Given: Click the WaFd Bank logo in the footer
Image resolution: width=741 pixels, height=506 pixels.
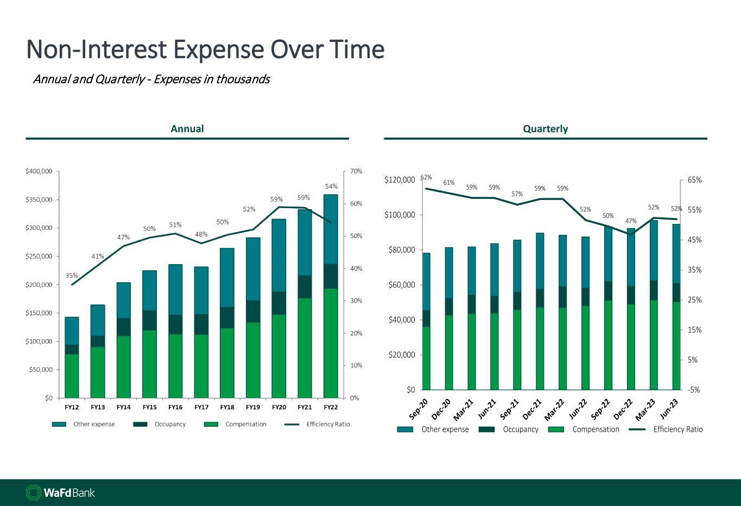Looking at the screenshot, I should coord(60,493).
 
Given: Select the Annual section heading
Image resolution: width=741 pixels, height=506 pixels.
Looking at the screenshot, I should coord(187,129).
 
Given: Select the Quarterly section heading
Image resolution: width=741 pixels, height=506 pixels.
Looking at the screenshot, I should coord(545,129).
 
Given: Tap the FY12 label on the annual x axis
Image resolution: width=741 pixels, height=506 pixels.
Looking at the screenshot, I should coord(72,407).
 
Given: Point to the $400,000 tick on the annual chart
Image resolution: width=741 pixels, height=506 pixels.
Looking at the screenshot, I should coord(39,171).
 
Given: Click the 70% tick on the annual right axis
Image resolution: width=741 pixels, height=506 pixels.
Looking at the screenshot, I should coord(356,171).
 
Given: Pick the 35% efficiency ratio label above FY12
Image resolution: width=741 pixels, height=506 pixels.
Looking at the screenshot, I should coord(72,276).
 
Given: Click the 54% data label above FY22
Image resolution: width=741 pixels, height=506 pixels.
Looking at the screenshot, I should coord(331,186).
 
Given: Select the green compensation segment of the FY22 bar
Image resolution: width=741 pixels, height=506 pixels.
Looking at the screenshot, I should coord(331,342).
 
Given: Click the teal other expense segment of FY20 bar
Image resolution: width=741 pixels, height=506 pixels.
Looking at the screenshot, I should coord(279,255).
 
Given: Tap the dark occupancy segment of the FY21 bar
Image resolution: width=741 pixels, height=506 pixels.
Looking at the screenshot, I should coord(305,286).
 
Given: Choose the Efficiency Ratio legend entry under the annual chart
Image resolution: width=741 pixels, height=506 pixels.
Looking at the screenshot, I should coord(327,424).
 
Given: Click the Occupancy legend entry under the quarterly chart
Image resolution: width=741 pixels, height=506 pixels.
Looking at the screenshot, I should coord(520,429).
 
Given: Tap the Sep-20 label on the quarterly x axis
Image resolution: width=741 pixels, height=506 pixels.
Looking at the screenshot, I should coord(419,409).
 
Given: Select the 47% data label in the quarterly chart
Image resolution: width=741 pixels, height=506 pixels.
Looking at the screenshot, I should coord(631,221).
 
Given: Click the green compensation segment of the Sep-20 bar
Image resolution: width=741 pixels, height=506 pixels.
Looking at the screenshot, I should coord(426,358).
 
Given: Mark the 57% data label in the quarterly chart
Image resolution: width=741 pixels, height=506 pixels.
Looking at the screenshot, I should coord(517,194).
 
